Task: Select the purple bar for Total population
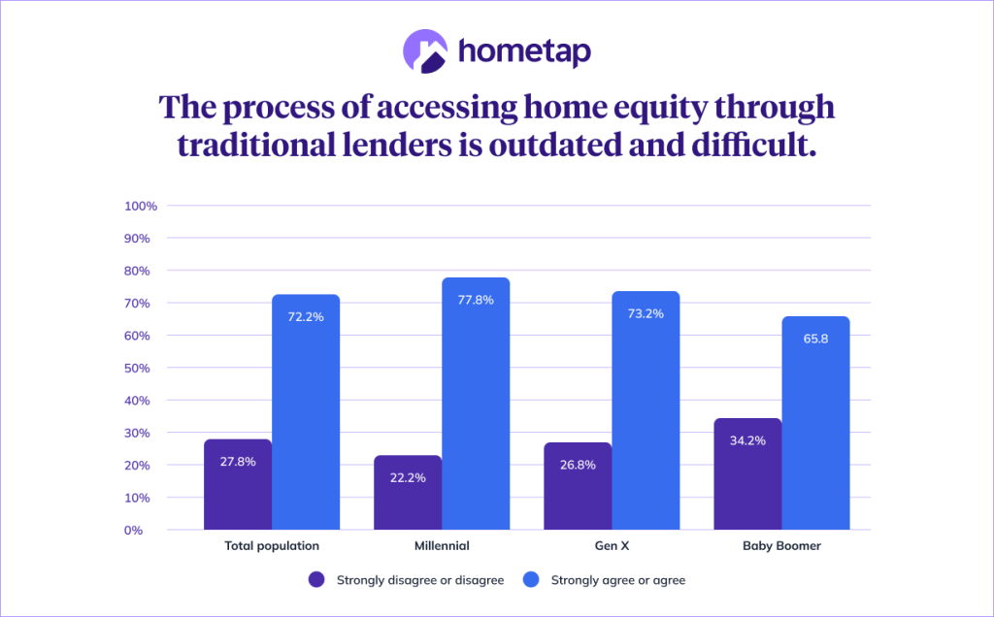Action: [x=237, y=485]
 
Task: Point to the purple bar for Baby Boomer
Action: [x=747, y=474]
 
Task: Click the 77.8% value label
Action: [x=476, y=300]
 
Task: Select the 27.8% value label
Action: [x=237, y=462]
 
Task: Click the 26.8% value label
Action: [x=578, y=465]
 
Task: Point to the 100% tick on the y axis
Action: [x=141, y=206]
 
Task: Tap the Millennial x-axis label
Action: [x=442, y=546]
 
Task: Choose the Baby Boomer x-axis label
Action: [x=781, y=546]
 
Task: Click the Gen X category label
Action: [x=612, y=546]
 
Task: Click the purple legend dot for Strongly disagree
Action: [x=316, y=580]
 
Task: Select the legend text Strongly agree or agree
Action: [x=618, y=580]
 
